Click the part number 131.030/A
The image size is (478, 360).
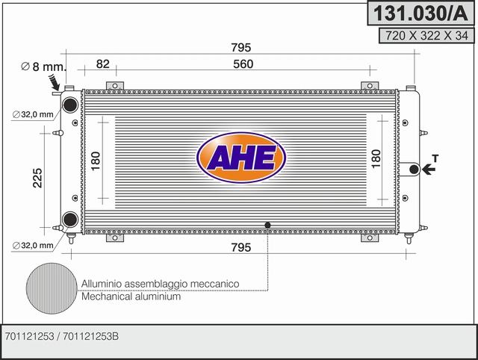pos(420,13)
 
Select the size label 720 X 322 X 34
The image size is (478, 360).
pos(426,36)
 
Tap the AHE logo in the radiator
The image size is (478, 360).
pos(241,158)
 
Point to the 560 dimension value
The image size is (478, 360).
pos(243,64)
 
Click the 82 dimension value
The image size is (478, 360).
pos(103,64)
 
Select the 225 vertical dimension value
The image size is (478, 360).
pos(38,178)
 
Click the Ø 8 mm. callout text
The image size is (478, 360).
pos(43,66)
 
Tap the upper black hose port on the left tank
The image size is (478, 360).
pos(70,105)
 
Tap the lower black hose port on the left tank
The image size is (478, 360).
pos(70,219)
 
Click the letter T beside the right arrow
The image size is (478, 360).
pos(435,158)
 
